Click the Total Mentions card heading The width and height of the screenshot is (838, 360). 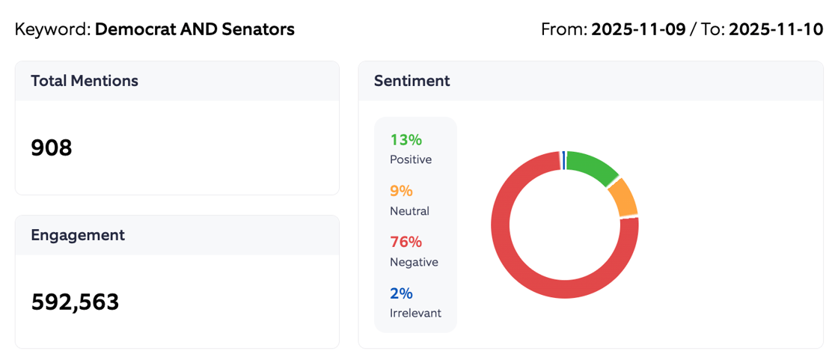coord(85,81)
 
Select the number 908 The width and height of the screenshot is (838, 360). coord(52,148)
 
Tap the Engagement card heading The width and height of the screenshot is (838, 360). coord(78,235)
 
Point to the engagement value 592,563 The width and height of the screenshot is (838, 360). coord(75,302)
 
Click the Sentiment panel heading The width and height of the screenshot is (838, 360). coord(412,81)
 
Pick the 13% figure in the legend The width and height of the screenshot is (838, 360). coord(406,140)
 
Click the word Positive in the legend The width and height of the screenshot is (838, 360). coord(411,159)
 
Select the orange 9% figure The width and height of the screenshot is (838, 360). coord(401,191)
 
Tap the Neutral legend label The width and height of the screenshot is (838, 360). coord(409,211)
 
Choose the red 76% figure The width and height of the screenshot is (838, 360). coord(406,242)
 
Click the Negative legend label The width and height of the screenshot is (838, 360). coord(414,262)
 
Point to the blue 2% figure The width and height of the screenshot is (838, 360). coord(401,293)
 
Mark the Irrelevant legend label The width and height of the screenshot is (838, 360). coord(415,313)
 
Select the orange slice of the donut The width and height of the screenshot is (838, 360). coord(623,198)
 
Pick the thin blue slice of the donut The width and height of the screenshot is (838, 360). coord(563,160)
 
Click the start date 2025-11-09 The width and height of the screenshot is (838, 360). coord(638,30)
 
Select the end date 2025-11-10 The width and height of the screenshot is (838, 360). coord(776,30)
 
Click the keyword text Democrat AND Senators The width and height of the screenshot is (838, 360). coord(195,30)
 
